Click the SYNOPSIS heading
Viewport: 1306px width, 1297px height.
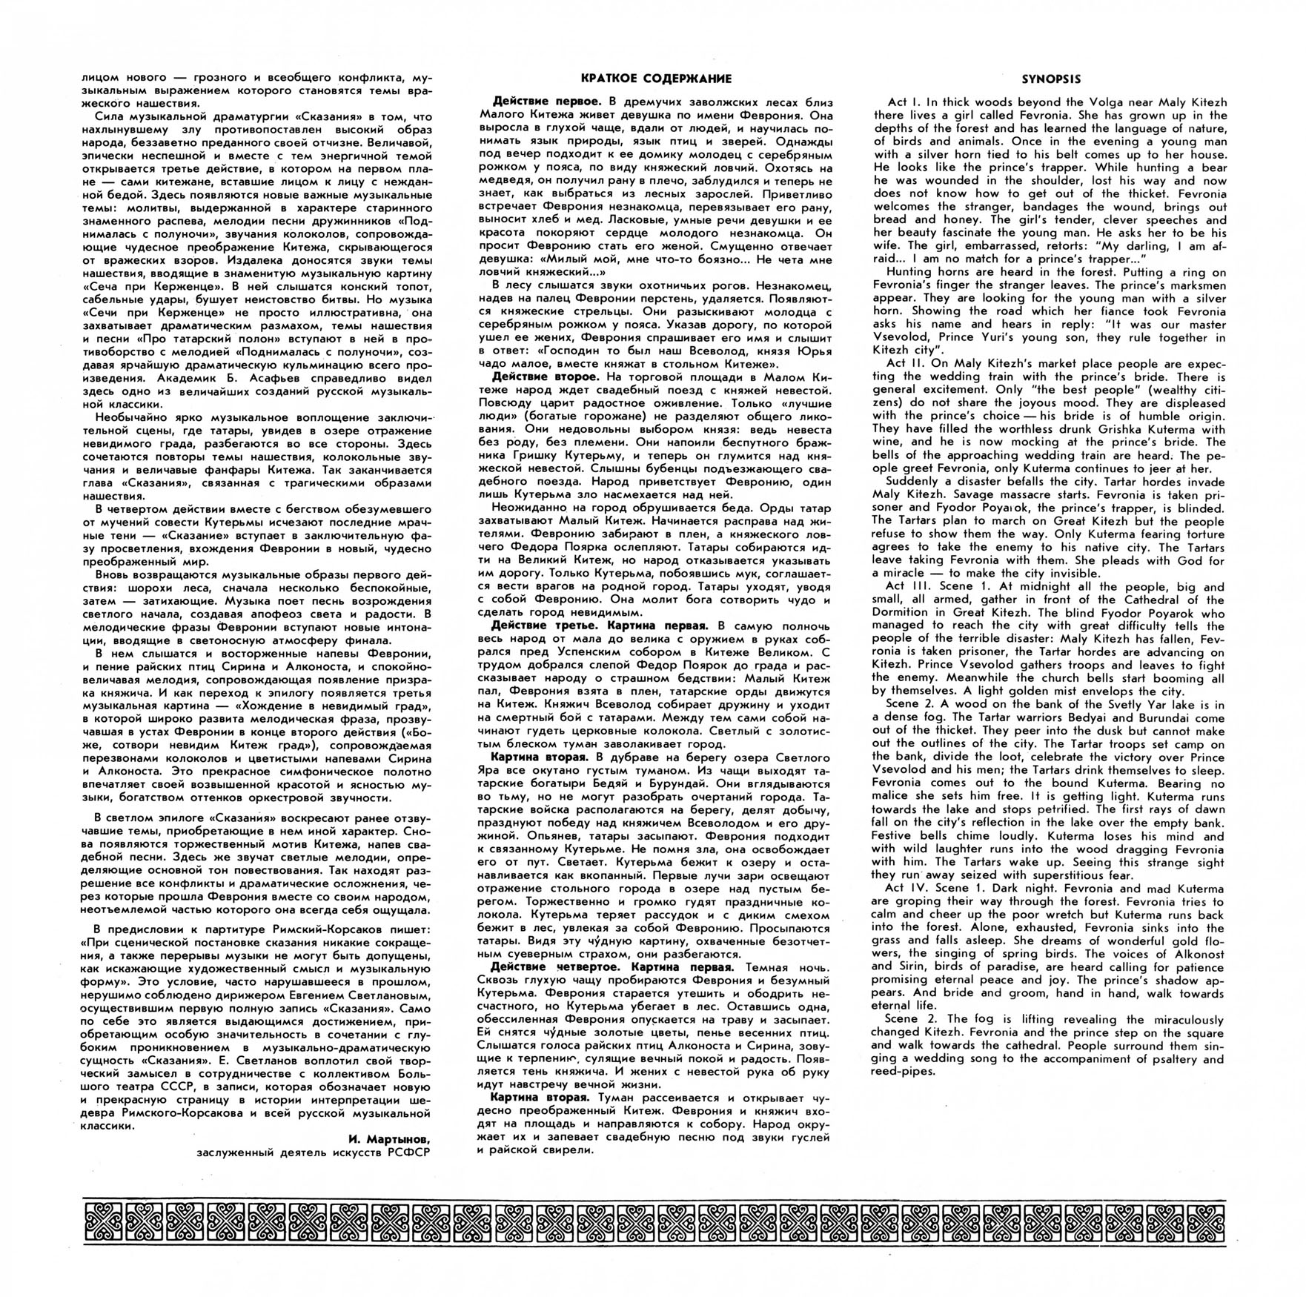coord(1050,79)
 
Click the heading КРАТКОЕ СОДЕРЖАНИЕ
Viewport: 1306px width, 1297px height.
coord(655,79)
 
